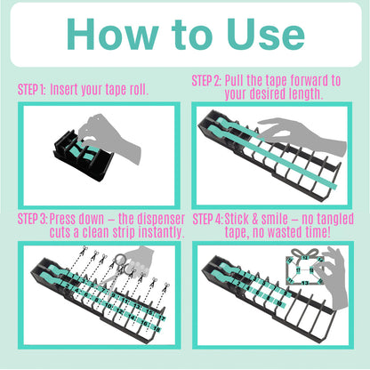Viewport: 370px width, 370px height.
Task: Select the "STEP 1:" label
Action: [32, 90]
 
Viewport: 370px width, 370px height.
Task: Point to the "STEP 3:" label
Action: [34, 219]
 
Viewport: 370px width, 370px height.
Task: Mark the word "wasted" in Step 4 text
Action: [286, 232]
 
